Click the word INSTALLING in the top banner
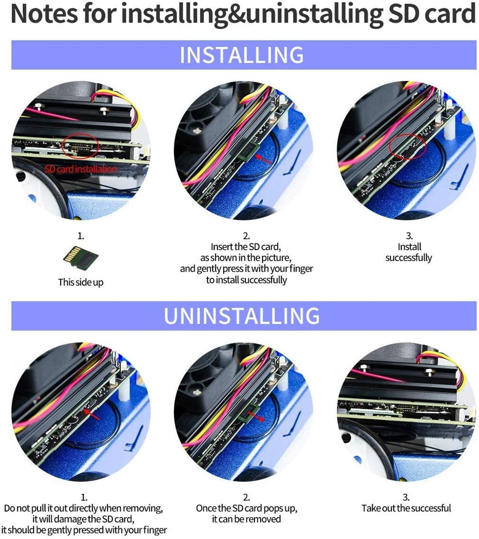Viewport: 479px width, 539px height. point(241,55)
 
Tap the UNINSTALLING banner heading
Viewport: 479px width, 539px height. point(241,316)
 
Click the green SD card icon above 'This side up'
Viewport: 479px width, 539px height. point(80,257)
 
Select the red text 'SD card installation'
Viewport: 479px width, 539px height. point(80,169)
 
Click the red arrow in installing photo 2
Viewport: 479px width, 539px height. point(263,159)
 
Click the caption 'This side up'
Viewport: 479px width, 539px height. point(80,282)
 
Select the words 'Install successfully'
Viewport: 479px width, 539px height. point(409,253)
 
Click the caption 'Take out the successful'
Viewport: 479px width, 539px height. point(406,508)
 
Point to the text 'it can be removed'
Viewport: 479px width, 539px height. point(247,519)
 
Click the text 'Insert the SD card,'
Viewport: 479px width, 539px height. point(246,247)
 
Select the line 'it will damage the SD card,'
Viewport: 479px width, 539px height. point(83,519)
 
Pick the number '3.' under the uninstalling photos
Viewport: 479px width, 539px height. point(406,497)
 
